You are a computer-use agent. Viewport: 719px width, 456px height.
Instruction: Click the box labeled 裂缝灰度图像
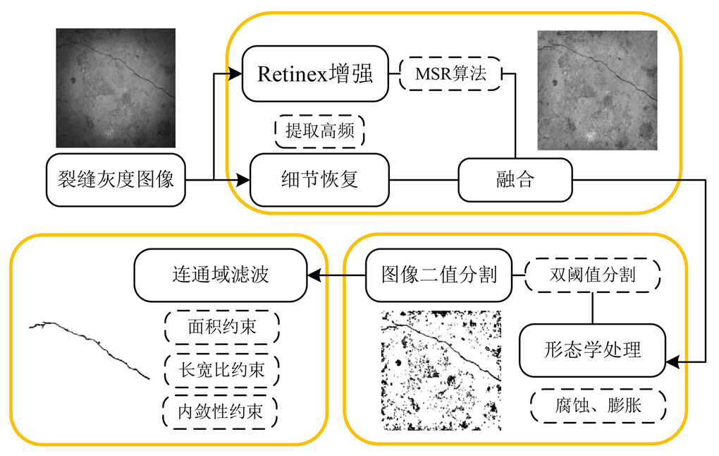(116, 180)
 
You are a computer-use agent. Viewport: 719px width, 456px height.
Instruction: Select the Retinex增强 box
(315, 73)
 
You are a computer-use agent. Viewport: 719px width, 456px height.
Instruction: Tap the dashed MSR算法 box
(450, 73)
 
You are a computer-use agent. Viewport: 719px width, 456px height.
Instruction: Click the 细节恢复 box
(320, 180)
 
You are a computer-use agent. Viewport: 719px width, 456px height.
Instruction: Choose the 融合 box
(515, 180)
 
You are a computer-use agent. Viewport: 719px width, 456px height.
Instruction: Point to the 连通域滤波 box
(220, 274)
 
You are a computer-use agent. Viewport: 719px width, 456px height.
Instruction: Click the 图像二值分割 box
(438, 274)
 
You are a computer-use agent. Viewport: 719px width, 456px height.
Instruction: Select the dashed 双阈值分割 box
(592, 275)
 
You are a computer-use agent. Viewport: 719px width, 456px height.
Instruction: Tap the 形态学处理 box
(592, 349)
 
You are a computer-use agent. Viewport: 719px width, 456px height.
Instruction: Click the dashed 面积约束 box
(221, 327)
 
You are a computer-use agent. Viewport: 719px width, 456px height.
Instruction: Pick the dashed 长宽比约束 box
(221, 368)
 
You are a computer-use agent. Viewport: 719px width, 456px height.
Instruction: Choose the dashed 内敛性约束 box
(221, 412)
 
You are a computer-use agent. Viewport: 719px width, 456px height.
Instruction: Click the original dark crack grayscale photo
(116, 88)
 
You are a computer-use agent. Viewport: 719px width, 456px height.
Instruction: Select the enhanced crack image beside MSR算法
(597, 90)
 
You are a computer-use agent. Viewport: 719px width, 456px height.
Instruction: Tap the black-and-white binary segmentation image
(441, 370)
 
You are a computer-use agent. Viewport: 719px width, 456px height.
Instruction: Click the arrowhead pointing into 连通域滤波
(313, 274)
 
